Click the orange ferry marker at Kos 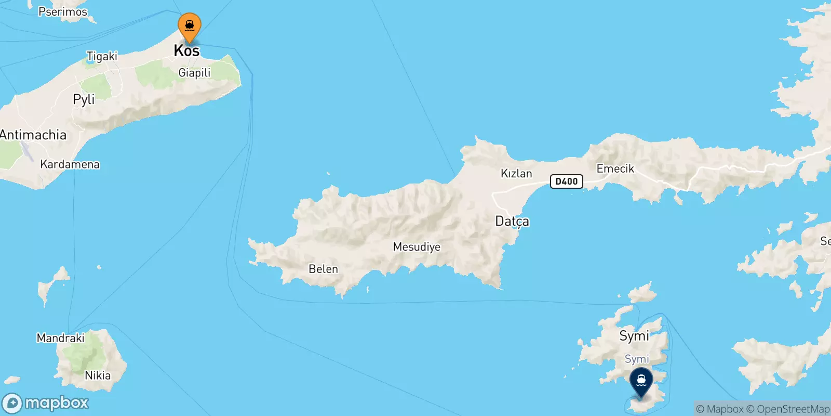pyautogui.click(x=190, y=26)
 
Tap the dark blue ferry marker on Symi pyautogui.click(x=641, y=381)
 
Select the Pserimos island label pyautogui.click(x=63, y=11)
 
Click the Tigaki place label pyautogui.click(x=102, y=56)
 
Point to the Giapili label pyautogui.click(x=194, y=73)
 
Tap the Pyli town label pyautogui.click(x=84, y=99)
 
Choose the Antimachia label pyautogui.click(x=33, y=135)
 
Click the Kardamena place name pyautogui.click(x=70, y=164)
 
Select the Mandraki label pyautogui.click(x=60, y=338)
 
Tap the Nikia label pyautogui.click(x=98, y=375)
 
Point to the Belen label pyautogui.click(x=323, y=269)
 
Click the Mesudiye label pyautogui.click(x=417, y=247)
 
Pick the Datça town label pyautogui.click(x=512, y=222)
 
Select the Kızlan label pyautogui.click(x=516, y=174)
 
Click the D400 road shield pyautogui.click(x=566, y=181)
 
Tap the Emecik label pyautogui.click(x=615, y=168)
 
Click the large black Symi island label pyautogui.click(x=634, y=336)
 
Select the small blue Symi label pyautogui.click(x=637, y=359)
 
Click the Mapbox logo pyautogui.click(x=46, y=403)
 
